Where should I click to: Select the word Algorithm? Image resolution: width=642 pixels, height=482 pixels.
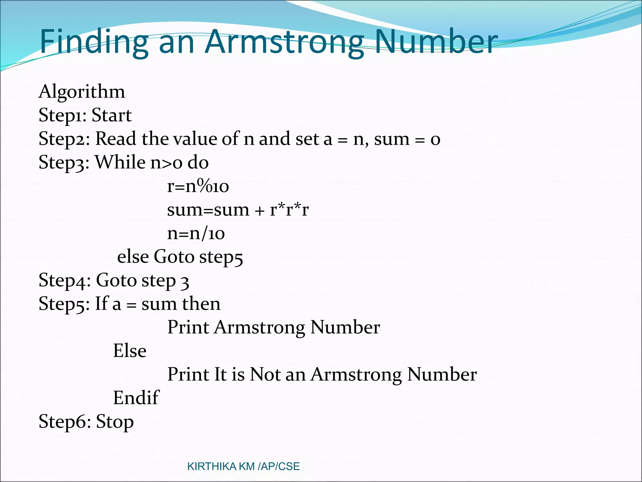(x=82, y=92)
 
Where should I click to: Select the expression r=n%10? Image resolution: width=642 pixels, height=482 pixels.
(x=198, y=186)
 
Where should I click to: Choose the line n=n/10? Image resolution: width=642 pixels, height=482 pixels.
(x=196, y=233)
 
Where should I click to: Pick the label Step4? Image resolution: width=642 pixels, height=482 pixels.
(x=65, y=280)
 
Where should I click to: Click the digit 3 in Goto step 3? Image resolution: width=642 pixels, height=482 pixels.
(x=185, y=281)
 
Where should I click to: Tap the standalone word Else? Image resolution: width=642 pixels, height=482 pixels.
(x=129, y=351)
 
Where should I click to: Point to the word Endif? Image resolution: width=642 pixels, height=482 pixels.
(x=136, y=398)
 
